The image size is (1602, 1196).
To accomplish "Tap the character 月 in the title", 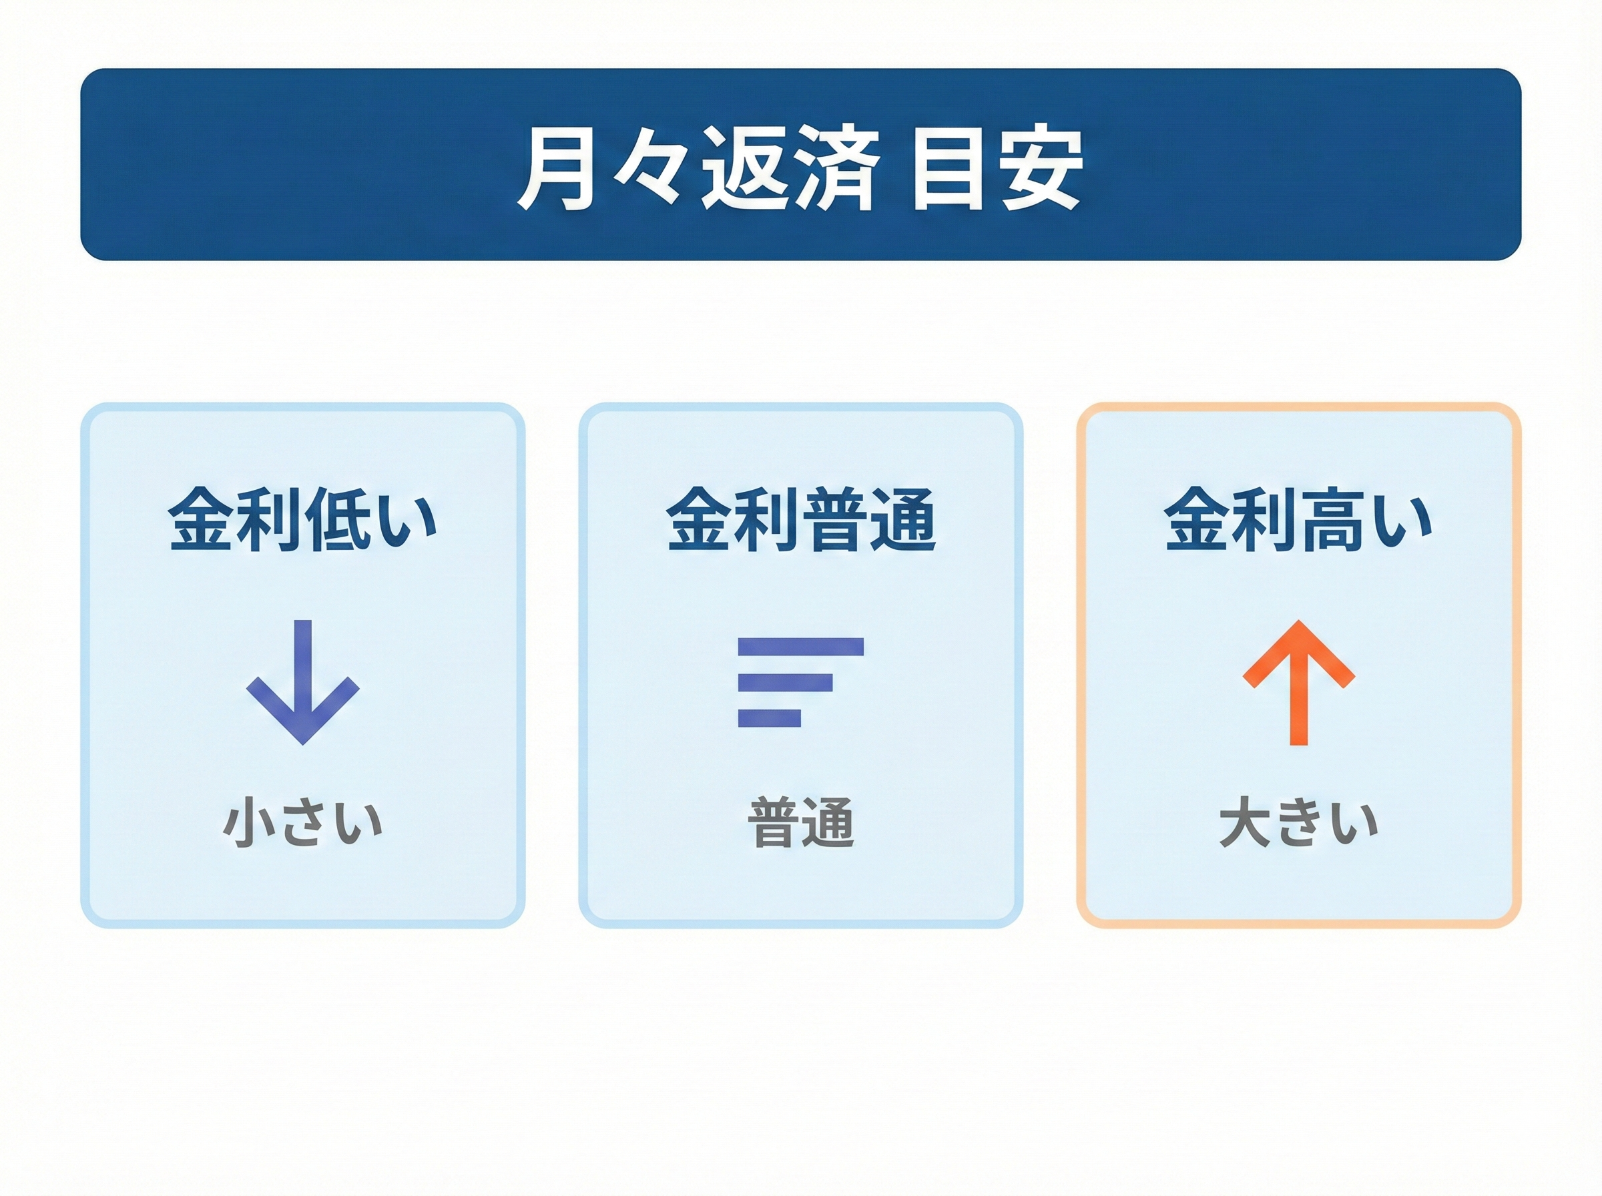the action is coord(556,170).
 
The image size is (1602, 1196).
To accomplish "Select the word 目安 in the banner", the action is coord(997,170).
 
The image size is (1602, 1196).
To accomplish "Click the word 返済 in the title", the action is coord(790,170).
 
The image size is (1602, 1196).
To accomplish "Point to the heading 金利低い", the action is coord(302,520).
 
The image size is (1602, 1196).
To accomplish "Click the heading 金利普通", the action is coord(800,520).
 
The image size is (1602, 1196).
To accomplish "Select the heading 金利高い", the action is coord(1299,520).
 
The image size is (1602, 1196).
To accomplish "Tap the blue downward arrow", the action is coord(302,682).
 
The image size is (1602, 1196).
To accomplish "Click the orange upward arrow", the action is coord(1299,682).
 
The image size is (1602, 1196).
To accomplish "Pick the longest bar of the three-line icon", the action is coord(800,647).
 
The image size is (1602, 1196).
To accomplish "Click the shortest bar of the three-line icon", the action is coord(770,717).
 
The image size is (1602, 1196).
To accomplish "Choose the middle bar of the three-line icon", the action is coord(786,682).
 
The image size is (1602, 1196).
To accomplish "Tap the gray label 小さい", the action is coord(302,823).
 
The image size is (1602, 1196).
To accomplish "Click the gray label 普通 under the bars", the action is coord(800,823).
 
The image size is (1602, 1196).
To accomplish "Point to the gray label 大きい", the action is coord(1299,823).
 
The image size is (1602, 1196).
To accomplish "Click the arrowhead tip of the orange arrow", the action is coord(1299,621).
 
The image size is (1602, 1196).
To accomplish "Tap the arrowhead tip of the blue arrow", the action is coord(302,743).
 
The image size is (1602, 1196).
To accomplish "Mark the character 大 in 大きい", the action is coord(1245,823).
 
